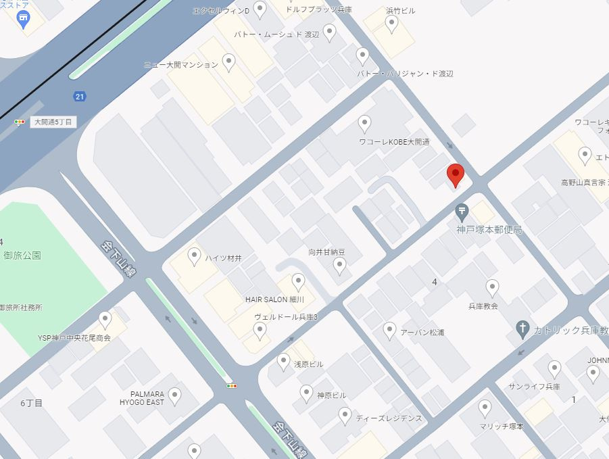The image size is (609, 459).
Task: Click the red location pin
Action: [x=456, y=174]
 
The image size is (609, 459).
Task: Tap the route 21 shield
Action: [x=80, y=97]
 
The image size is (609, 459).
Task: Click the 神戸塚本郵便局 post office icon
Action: [x=462, y=212]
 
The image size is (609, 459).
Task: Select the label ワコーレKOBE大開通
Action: [x=395, y=142]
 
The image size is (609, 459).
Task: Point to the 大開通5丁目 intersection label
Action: [x=54, y=122]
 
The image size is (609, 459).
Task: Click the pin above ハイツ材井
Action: [x=194, y=256]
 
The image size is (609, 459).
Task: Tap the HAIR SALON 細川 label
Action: [x=274, y=299]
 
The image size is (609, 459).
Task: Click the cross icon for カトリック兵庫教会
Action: [x=522, y=329]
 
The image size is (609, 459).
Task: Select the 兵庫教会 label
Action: [x=483, y=306]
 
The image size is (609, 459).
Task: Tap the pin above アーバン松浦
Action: [x=389, y=330]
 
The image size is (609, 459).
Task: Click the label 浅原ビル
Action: [x=308, y=364]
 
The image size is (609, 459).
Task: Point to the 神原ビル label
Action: [x=331, y=395]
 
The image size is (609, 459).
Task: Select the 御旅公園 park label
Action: [x=22, y=256]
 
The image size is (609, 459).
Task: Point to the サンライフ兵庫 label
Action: [x=534, y=387]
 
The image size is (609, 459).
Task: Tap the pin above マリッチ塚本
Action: [x=485, y=408]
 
